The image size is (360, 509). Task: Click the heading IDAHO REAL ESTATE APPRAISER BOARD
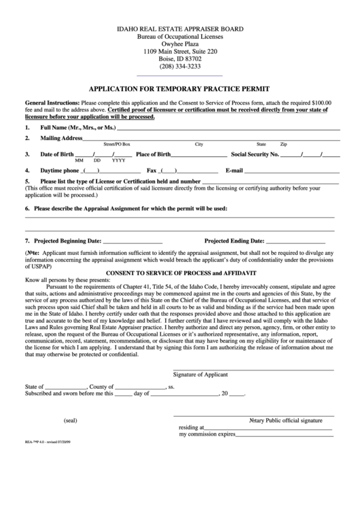pos(180,30)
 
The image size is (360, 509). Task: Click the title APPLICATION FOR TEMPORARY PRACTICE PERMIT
pos(180,88)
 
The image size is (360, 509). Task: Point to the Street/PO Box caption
pos(116,145)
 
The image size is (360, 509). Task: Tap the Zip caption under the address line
pos(284,145)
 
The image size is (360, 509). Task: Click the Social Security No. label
pos(255,154)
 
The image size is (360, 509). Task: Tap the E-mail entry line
pos(293,171)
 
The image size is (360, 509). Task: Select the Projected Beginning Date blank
pos(132,241)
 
